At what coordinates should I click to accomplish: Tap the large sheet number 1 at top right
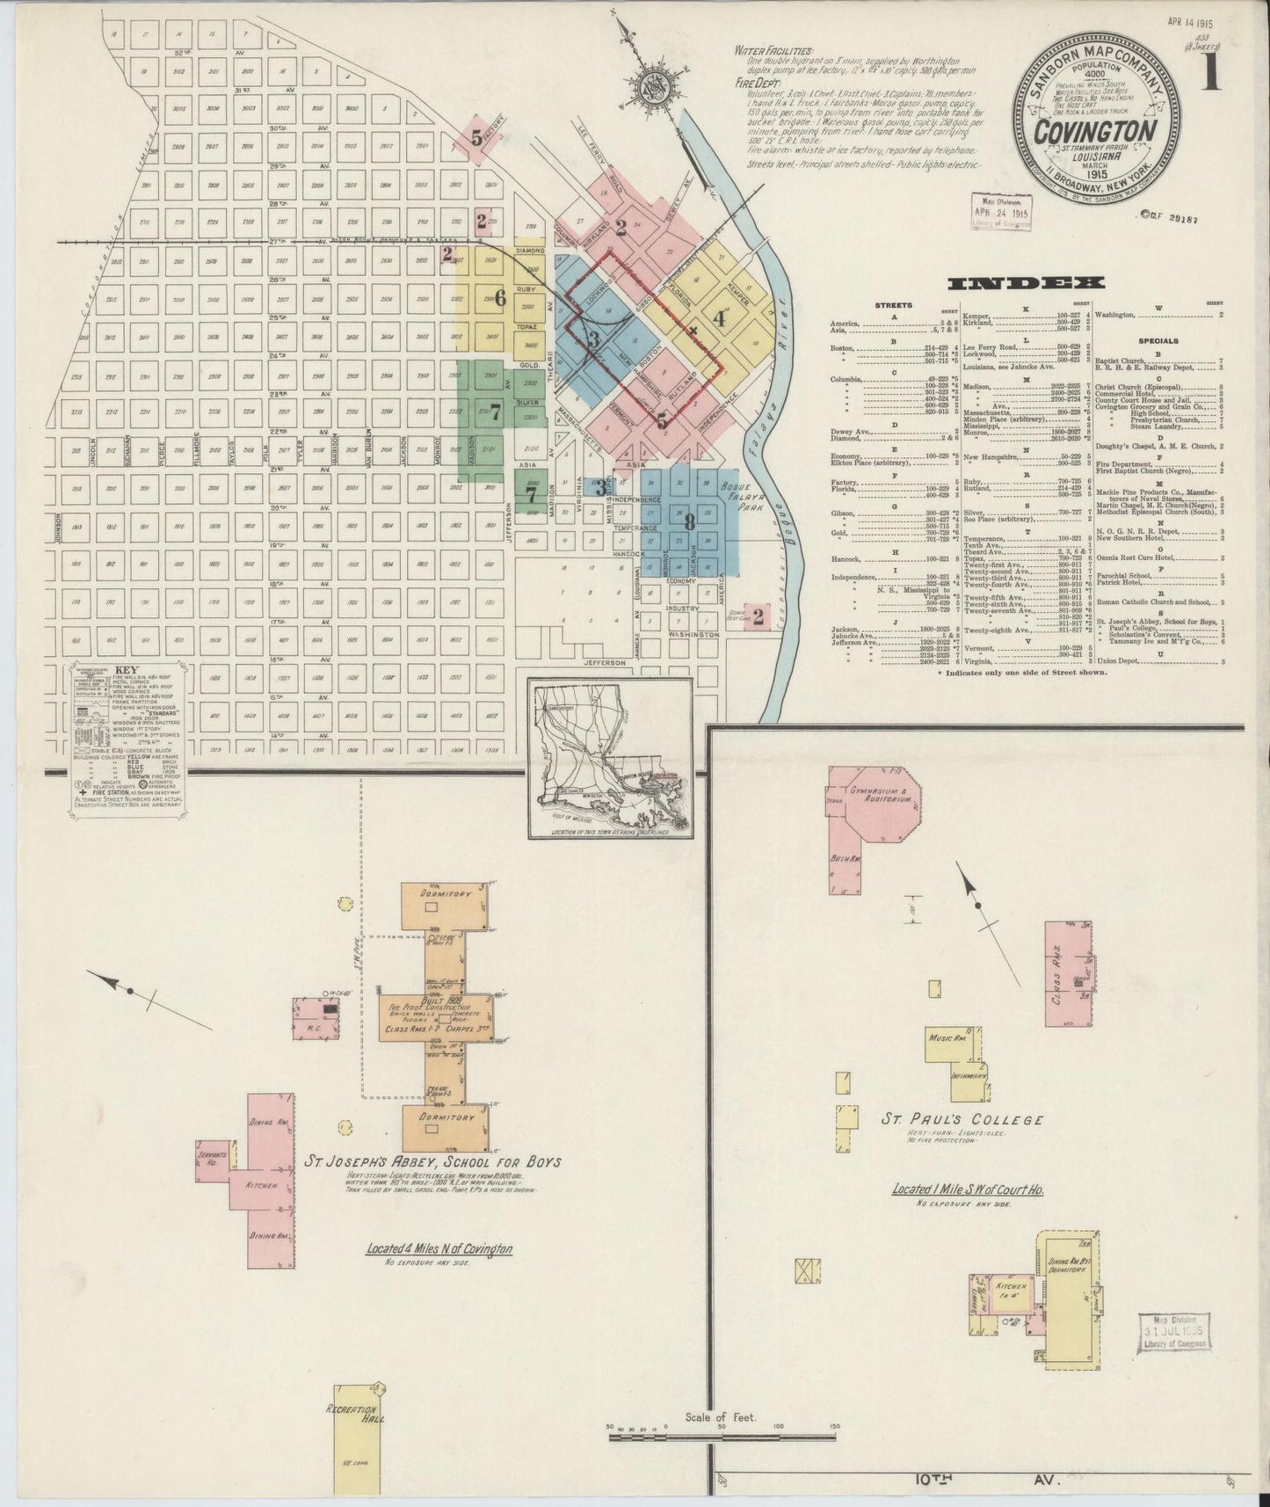pos(1211,70)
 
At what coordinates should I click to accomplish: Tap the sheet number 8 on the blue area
pos(691,521)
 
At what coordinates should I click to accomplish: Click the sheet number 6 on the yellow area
pos(500,298)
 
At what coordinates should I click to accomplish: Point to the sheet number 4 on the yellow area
pos(720,318)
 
